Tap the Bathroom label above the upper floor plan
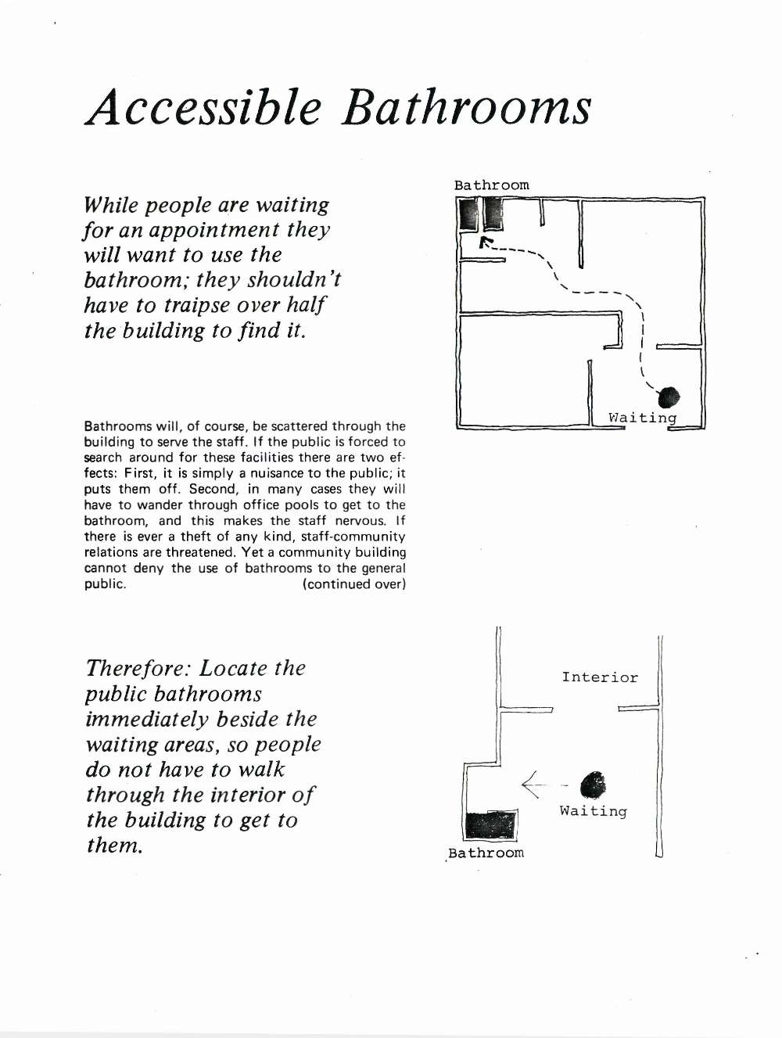[x=492, y=185]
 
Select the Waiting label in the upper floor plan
[x=643, y=418]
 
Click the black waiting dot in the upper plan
[x=670, y=397]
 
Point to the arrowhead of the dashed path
[x=484, y=243]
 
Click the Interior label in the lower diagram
[x=600, y=677]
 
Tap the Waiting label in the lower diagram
[x=594, y=811]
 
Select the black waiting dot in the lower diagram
[x=593, y=785]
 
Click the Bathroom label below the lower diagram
[x=486, y=853]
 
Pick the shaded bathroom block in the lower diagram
[x=491, y=825]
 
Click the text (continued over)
[x=354, y=584]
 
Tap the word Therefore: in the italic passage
[x=138, y=668]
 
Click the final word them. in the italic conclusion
[x=114, y=845]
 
